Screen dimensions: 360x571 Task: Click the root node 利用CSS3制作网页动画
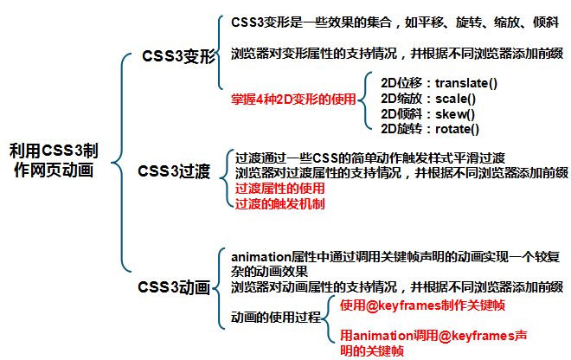coord(60,160)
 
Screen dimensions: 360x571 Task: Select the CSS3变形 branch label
coord(179,57)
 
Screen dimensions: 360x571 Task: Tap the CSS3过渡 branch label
coord(174,170)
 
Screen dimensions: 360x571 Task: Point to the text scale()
coord(455,99)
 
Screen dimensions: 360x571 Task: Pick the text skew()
coord(453,114)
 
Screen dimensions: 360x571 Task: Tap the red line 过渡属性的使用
coord(275,188)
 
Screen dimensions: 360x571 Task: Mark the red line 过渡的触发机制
coord(275,203)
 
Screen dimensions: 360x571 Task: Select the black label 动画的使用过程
coord(276,318)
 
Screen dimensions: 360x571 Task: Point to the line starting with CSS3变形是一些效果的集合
coord(395,22)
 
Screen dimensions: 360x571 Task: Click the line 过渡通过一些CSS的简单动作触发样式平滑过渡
coord(370,158)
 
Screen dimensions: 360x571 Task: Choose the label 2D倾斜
coord(401,114)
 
